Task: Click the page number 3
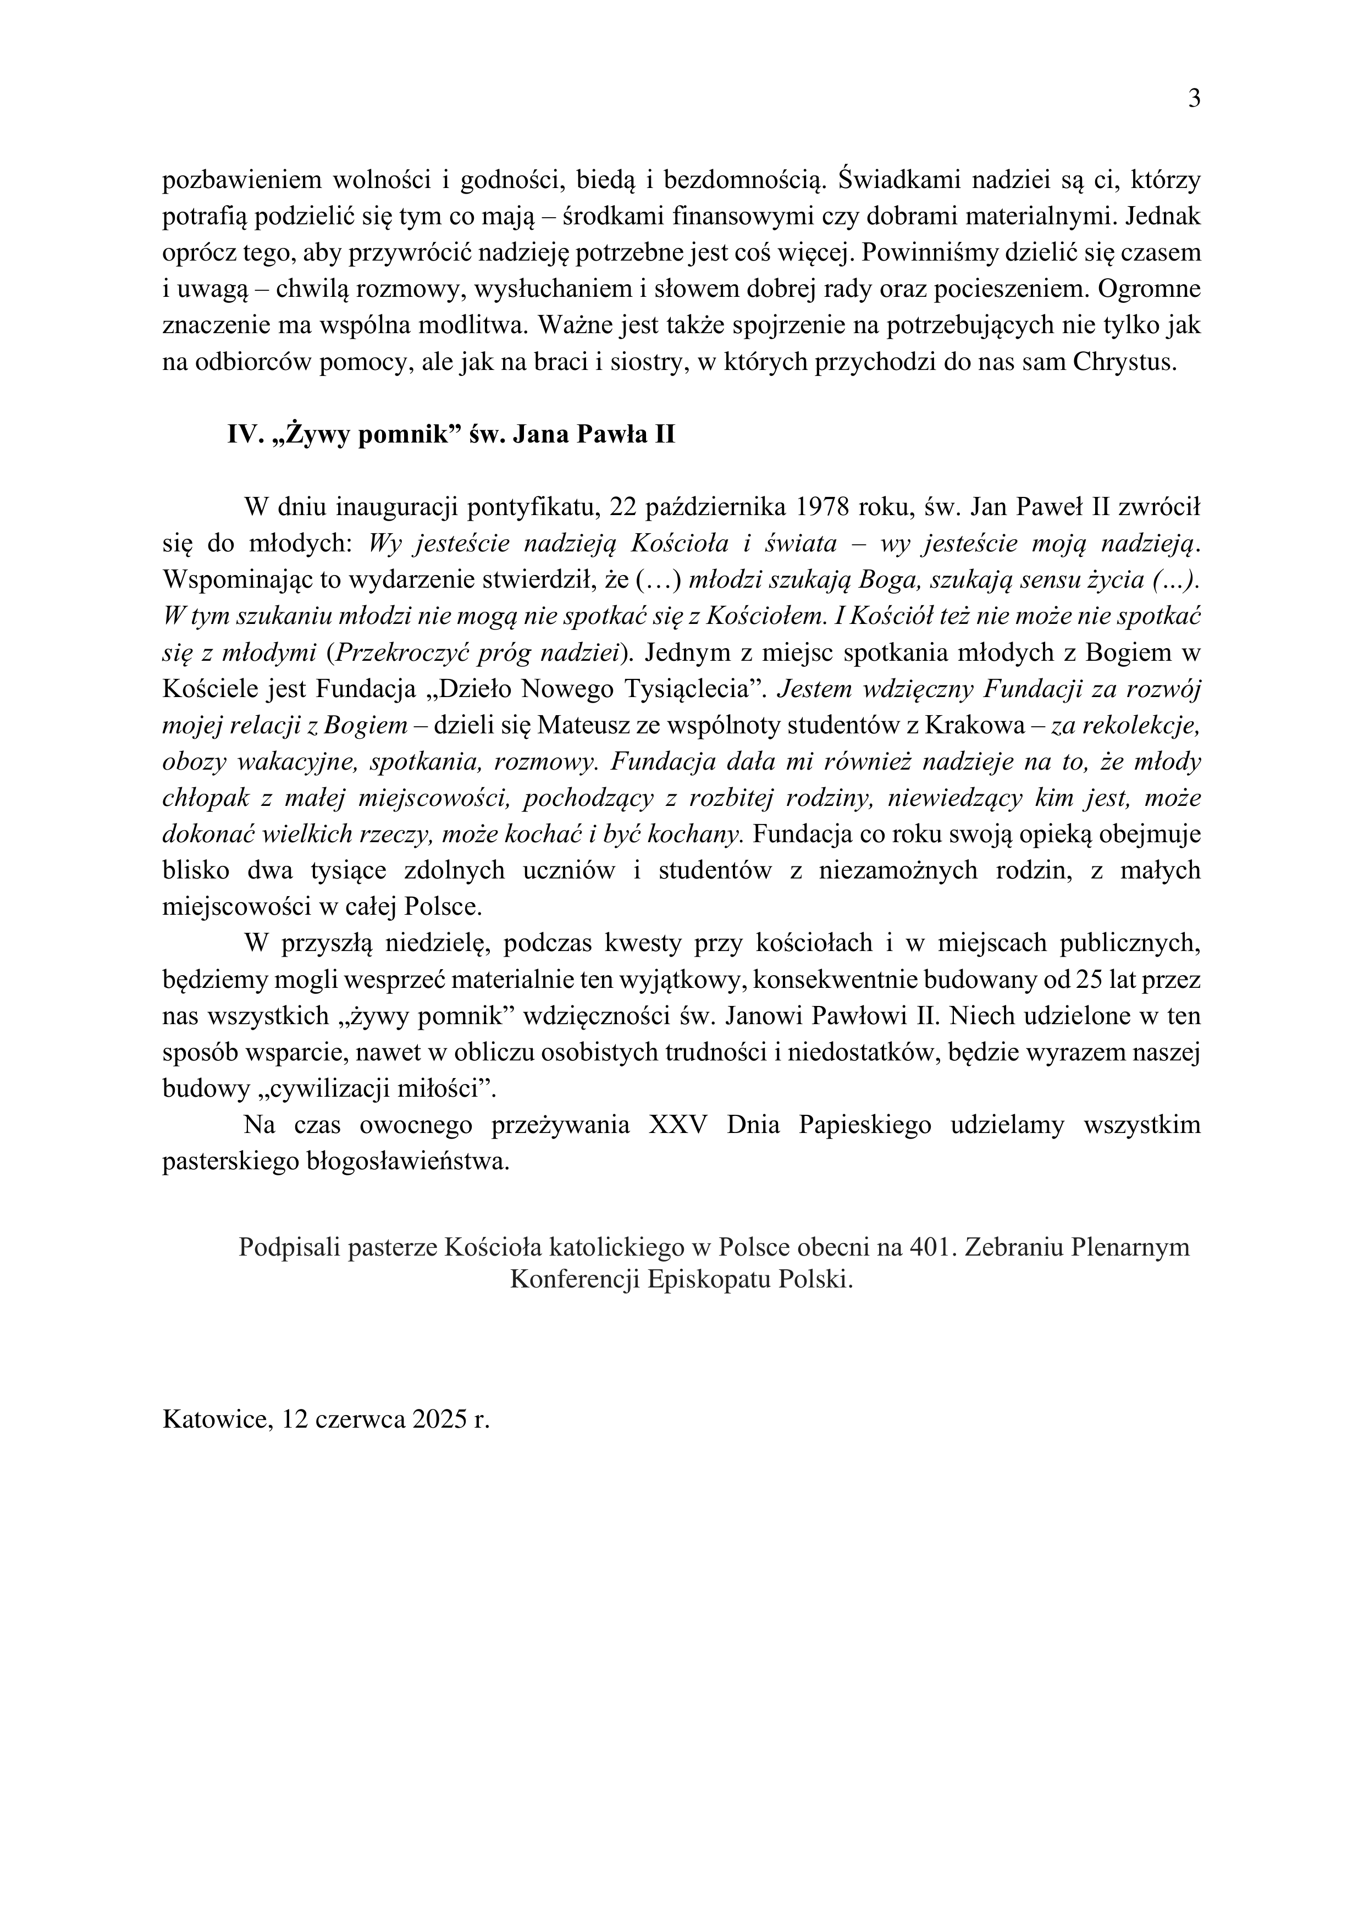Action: (x=1194, y=100)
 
